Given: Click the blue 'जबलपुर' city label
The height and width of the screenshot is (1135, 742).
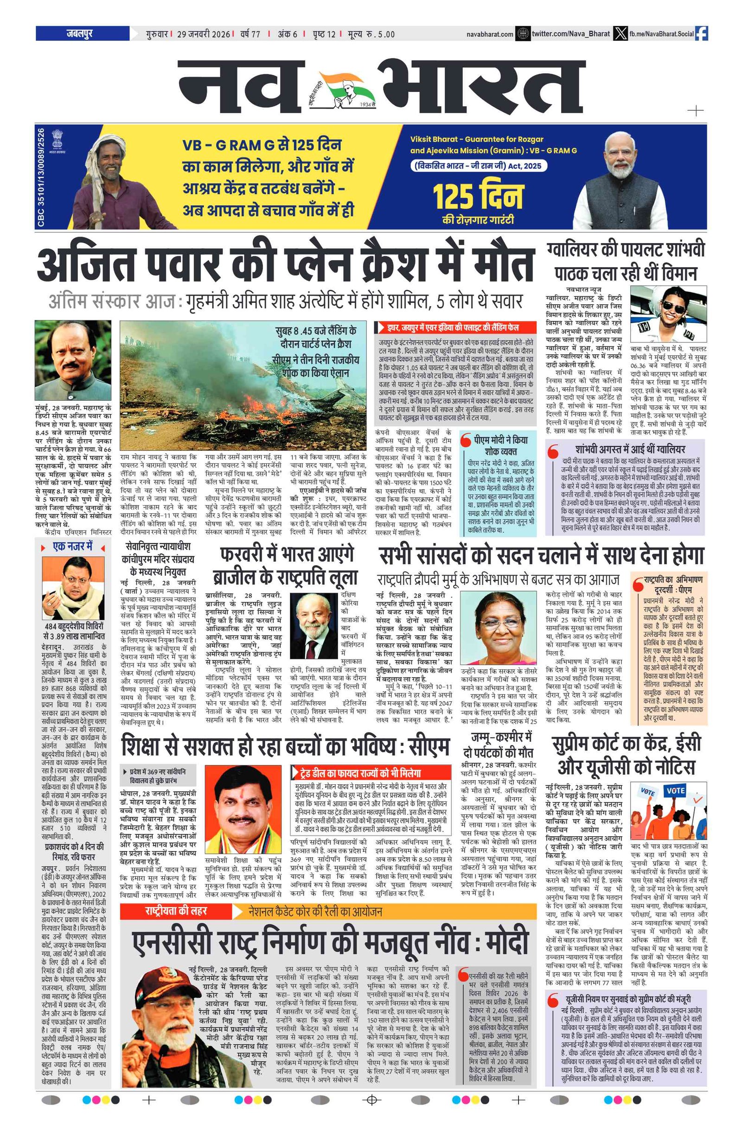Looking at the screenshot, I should coord(80,33).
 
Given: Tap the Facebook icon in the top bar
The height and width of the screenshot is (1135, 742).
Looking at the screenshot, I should coord(701,33).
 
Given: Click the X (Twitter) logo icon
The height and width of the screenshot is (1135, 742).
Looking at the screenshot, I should coord(620,34).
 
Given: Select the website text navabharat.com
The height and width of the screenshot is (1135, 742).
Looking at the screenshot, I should coord(490,34).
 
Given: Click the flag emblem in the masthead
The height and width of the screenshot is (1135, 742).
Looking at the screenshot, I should coord(339,89).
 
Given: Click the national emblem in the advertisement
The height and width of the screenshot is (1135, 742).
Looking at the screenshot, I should coord(57,141).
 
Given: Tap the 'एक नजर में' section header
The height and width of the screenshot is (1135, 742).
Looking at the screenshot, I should coord(72,546).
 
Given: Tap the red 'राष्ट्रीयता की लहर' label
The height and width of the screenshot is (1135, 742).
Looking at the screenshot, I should coord(175,911).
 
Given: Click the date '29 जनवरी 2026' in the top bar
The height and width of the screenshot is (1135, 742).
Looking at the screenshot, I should coord(204,34).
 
